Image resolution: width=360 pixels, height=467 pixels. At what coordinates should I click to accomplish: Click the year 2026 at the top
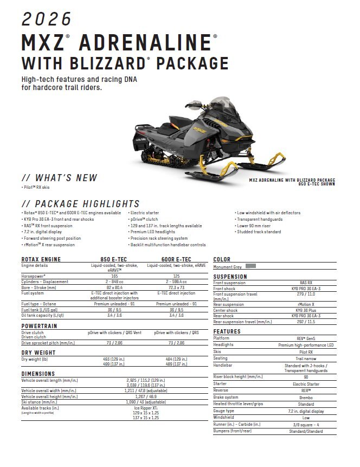pos(47,19)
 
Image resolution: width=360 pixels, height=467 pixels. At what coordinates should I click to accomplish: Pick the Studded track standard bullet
pos(259,232)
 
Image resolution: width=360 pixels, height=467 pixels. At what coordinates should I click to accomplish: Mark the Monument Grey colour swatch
pos(250,266)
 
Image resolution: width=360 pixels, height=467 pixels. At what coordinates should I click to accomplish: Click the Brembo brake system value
pos(306,397)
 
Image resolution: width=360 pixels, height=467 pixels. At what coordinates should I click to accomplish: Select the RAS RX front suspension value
pos(306,283)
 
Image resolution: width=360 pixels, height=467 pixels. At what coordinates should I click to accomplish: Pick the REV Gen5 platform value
pos(306,338)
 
